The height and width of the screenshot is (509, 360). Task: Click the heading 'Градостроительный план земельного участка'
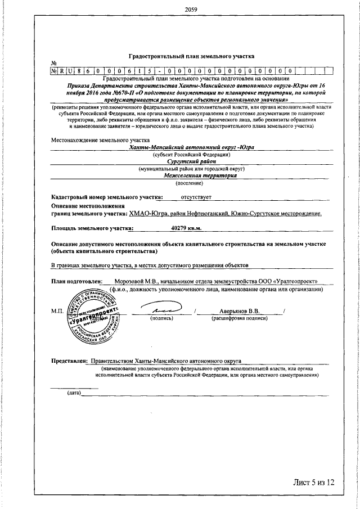pyautogui.click(x=192, y=56)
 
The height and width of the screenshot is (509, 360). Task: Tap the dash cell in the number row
pyautogui.click(x=162, y=71)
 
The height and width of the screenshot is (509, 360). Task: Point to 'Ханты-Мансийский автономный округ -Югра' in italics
pyautogui.click(x=191, y=147)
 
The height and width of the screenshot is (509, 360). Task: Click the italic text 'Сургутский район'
pyautogui.click(x=191, y=161)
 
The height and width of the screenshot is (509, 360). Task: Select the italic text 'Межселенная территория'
pyautogui.click(x=191, y=175)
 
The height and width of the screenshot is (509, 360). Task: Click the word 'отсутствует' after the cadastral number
pyautogui.click(x=195, y=197)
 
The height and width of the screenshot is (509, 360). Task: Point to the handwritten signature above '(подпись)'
pyautogui.click(x=161, y=309)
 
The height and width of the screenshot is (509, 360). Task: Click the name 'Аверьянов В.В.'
pyautogui.click(x=239, y=310)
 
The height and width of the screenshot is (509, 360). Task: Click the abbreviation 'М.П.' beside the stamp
pyautogui.click(x=57, y=311)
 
